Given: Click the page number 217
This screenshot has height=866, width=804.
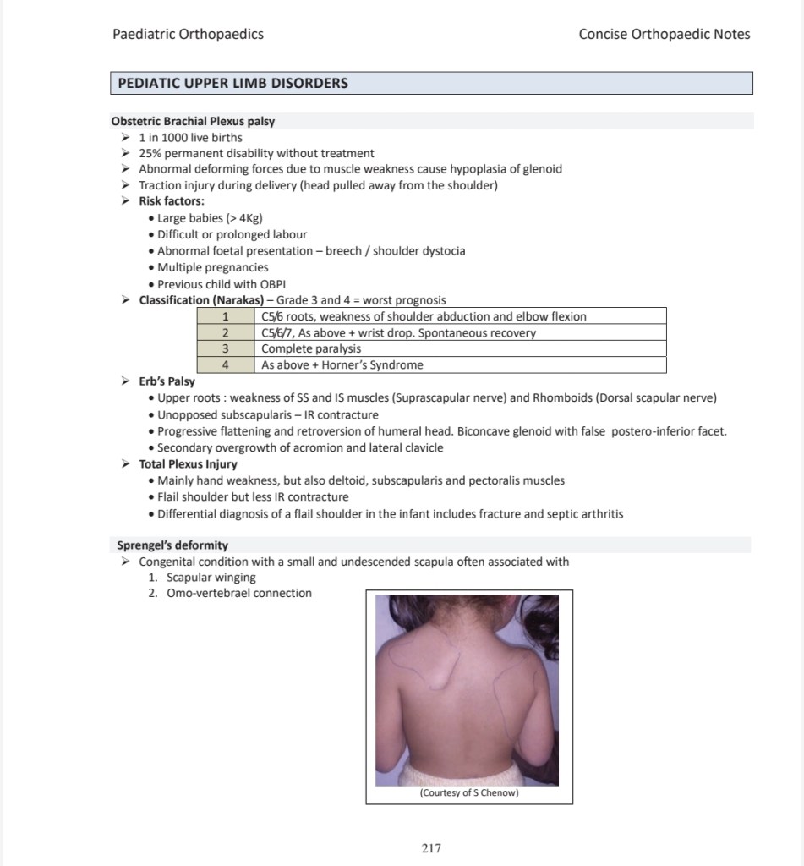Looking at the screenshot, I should tap(431, 848).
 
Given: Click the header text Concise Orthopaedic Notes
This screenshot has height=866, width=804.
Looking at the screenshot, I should tap(664, 35).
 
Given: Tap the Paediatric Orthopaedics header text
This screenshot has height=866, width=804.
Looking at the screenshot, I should tap(188, 35).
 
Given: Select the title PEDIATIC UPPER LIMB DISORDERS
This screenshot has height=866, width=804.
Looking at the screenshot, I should tap(232, 84).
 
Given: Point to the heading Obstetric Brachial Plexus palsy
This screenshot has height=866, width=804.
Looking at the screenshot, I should tap(193, 121).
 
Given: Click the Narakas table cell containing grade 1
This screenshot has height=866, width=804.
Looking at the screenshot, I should tap(226, 316).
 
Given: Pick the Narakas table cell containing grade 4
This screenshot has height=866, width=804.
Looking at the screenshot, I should tap(226, 365).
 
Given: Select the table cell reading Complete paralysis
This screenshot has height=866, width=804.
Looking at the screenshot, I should tap(311, 348).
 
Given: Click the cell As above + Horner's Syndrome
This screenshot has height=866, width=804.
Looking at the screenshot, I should tap(342, 365).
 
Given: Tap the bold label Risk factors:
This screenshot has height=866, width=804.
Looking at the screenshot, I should tap(172, 201).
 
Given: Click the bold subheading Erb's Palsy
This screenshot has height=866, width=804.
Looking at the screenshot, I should tap(167, 381).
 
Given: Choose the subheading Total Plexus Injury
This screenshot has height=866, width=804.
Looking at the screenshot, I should tap(188, 464).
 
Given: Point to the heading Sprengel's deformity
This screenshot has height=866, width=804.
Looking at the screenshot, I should tap(172, 545).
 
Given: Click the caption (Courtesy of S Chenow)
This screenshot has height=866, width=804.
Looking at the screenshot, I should tap(469, 792).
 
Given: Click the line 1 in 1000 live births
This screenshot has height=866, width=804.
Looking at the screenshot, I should tap(190, 137).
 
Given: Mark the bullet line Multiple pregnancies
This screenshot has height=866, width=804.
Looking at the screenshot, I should tap(213, 267).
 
